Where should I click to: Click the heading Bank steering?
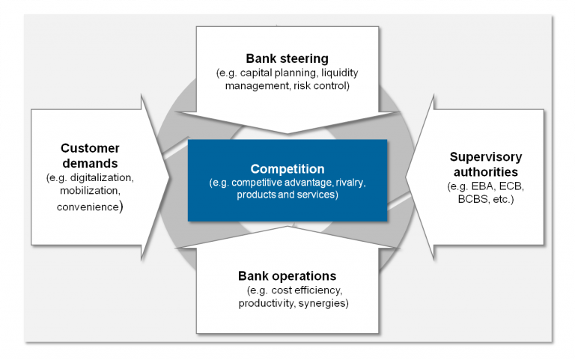287,58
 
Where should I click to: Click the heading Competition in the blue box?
287,168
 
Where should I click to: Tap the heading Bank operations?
287,275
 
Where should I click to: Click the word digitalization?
104,179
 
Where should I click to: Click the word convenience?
88,207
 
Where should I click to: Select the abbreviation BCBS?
469,200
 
